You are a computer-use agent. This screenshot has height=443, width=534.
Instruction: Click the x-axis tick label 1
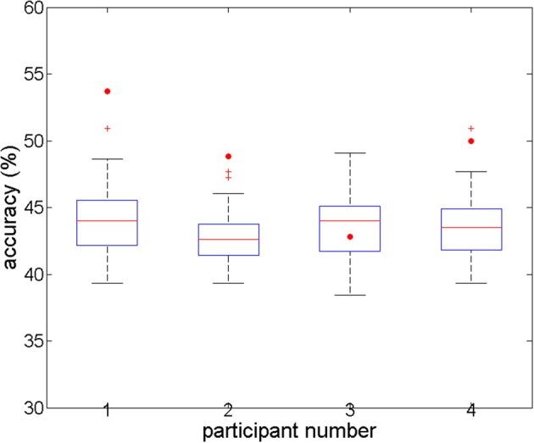(108, 411)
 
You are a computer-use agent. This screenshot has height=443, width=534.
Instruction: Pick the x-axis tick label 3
(350, 411)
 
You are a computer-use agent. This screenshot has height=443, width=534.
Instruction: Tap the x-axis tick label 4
(471, 411)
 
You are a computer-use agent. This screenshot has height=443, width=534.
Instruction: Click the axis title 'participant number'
(289, 429)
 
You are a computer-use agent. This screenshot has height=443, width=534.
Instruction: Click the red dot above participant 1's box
(108, 91)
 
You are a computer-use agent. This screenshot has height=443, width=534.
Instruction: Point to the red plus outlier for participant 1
(108, 129)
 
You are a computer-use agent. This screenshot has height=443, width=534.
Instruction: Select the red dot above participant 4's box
(471, 141)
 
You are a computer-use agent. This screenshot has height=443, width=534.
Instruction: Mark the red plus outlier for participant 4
(471, 129)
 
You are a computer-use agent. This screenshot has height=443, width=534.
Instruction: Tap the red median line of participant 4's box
(471, 227)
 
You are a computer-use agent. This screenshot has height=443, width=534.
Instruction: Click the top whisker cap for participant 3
(350, 153)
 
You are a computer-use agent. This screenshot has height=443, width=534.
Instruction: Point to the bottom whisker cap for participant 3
(350, 295)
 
